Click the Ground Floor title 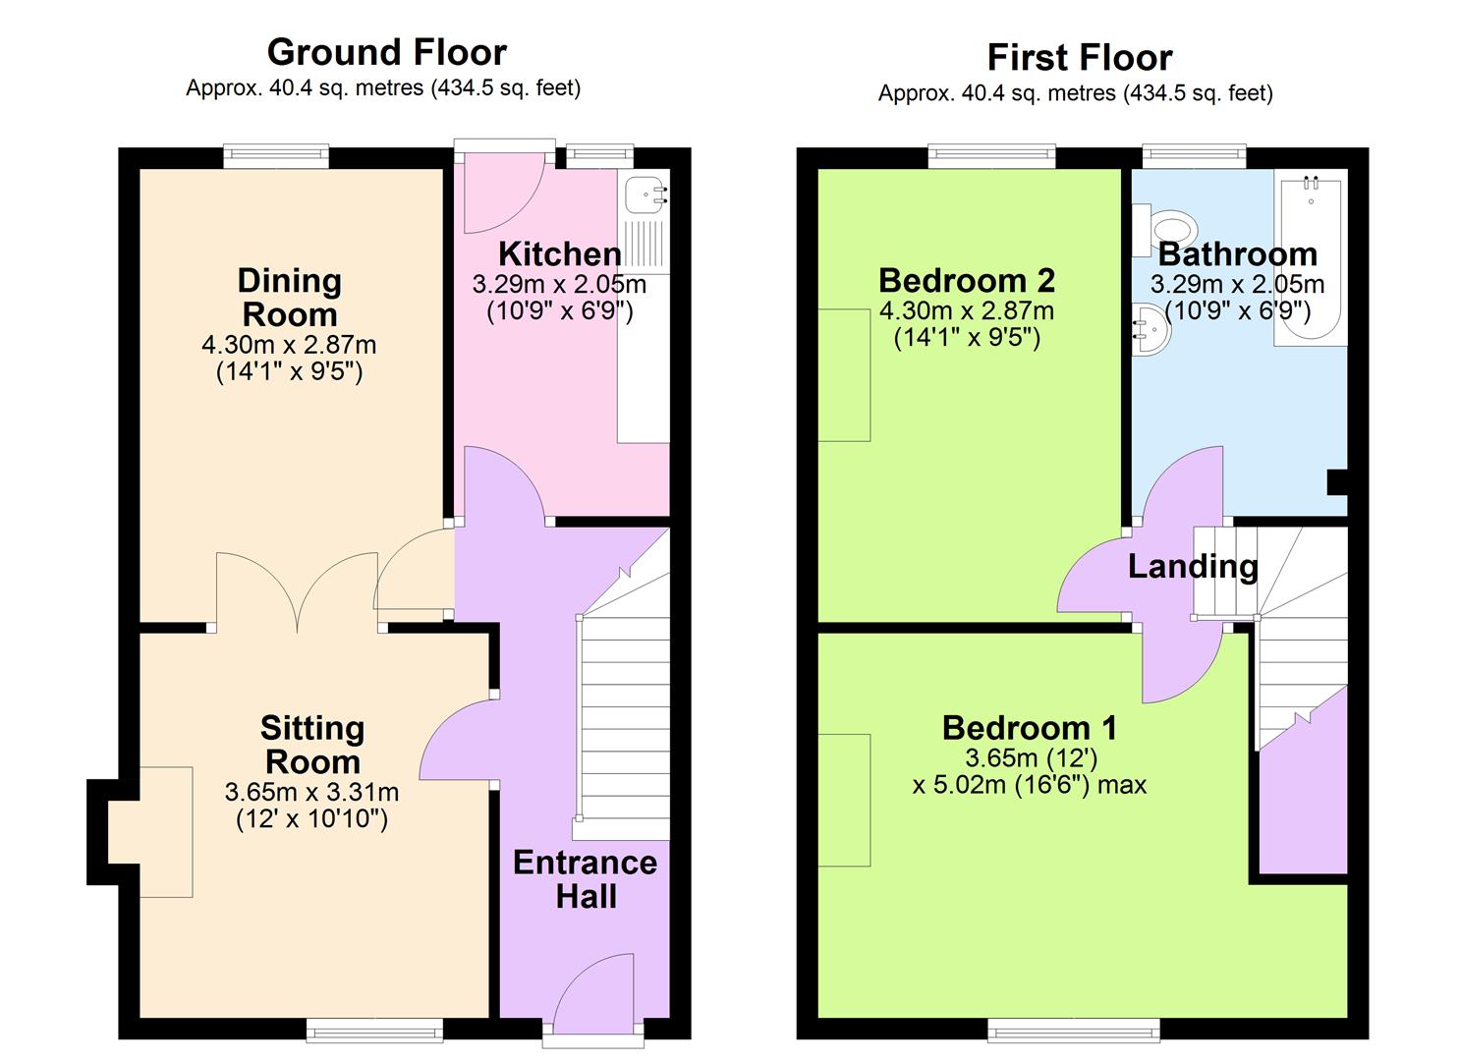click(x=386, y=52)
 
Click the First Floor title click(x=1079, y=58)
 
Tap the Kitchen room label click(x=559, y=254)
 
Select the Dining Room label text click(x=289, y=298)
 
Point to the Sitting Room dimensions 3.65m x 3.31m click(x=311, y=792)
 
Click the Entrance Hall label click(x=585, y=879)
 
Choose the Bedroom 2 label click(x=966, y=281)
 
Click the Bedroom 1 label click(x=1029, y=728)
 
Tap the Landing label click(x=1192, y=567)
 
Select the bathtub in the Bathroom click(x=1311, y=260)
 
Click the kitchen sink click(x=645, y=194)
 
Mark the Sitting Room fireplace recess click(x=149, y=831)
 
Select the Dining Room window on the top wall click(x=275, y=154)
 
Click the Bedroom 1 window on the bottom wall click(x=1073, y=1030)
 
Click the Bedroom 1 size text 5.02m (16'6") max click(x=1029, y=785)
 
